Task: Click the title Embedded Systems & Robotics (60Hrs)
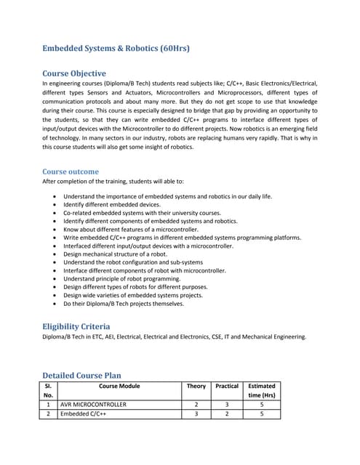pos(116,49)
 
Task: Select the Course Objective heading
pos(74,73)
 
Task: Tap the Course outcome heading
pos(71,171)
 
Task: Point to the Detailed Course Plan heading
pos(81,376)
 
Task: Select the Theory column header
pos(196,387)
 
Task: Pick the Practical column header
pos(227,387)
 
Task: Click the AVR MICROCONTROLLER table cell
pos(93,404)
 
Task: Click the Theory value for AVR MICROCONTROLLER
pos(196,404)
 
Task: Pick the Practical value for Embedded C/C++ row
pos(227,414)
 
